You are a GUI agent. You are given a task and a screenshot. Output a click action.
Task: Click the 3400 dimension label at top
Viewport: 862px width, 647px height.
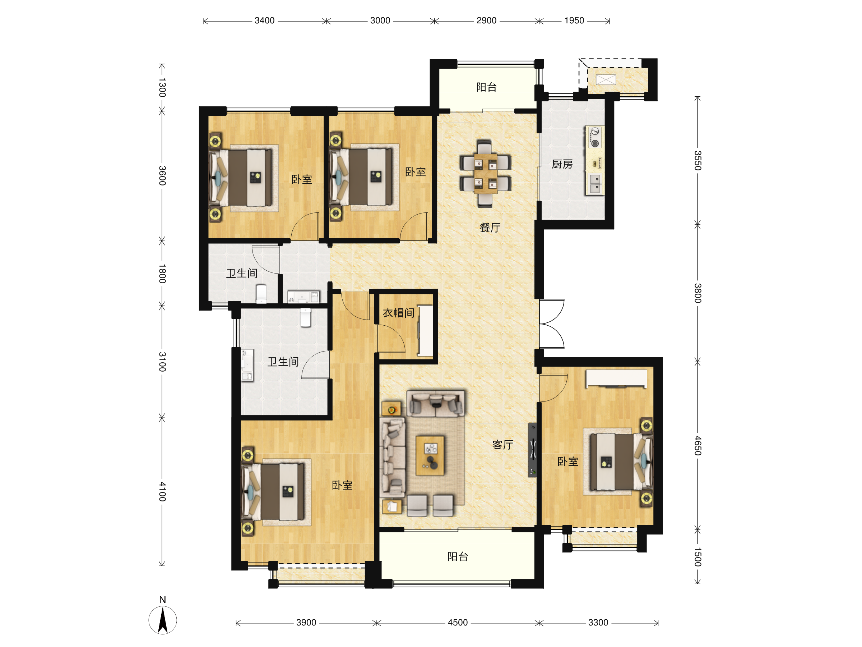tap(265, 21)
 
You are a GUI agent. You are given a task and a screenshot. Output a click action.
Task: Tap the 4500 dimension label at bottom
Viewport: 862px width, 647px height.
tap(458, 623)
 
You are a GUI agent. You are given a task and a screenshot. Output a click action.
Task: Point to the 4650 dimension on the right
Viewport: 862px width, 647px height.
tap(698, 446)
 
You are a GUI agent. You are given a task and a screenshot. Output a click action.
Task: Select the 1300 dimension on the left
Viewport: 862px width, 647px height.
tap(162, 88)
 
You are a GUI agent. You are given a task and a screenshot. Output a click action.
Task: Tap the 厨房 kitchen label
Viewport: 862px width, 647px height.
tap(562, 164)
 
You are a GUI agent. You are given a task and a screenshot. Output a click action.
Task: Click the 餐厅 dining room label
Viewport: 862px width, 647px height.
tap(490, 228)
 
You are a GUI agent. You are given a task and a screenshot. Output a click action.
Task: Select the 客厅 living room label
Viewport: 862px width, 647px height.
tap(502, 445)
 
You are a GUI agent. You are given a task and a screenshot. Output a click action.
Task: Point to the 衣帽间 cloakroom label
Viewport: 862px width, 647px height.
tap(398, 313)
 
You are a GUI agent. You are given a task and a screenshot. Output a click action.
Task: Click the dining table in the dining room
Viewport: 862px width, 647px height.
tap(485, 174)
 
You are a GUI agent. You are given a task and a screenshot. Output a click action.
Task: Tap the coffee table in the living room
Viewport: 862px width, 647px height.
tap(430, 455)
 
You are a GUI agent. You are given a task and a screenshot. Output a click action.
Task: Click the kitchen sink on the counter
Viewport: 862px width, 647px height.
tap(595, 184)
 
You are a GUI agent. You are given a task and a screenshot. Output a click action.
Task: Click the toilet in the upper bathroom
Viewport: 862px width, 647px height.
tap(261, 293)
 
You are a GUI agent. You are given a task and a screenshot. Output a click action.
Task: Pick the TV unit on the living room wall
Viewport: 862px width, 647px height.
tap(532, 450)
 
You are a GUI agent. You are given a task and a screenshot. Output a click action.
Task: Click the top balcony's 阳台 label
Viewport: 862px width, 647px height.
tap(486, 87)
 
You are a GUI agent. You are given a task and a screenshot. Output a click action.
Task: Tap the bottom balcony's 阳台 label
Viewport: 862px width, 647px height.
tap(458, 557)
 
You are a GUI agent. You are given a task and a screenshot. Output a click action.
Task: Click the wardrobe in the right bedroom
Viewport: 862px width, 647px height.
tap(616, 378)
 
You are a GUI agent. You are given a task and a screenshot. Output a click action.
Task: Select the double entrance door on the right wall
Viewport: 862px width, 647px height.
tap(552, 324)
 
